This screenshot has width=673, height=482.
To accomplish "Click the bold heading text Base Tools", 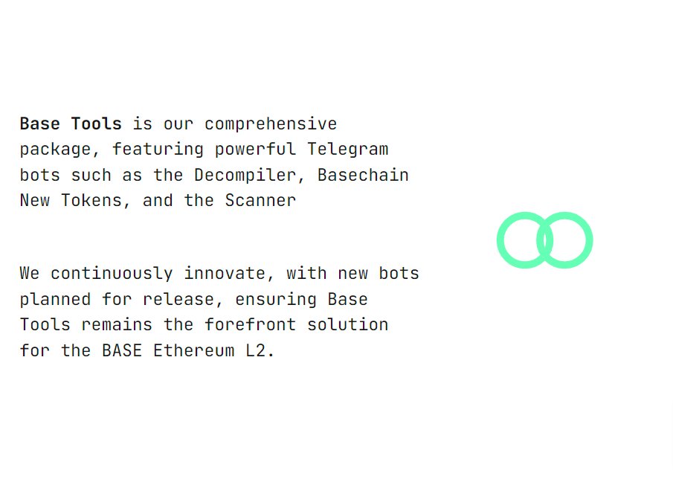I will (x=71, y=123).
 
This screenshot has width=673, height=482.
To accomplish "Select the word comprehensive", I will (x=271, y=123).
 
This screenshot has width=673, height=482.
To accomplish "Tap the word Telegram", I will (x=348, y=149).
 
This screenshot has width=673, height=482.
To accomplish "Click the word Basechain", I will (x=363, y=175).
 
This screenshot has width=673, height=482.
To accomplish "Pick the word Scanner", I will (x=260, y=200).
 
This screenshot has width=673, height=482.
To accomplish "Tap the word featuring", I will (x=158, y=149).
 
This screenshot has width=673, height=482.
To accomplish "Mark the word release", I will (x=184, y=299).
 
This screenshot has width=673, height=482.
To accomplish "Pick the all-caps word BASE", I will (x=122, y=350).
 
